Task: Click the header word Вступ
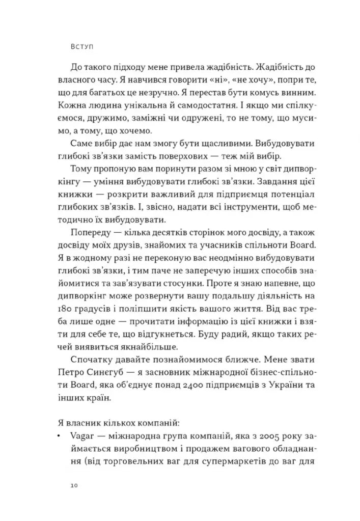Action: (x=85, y=45)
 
